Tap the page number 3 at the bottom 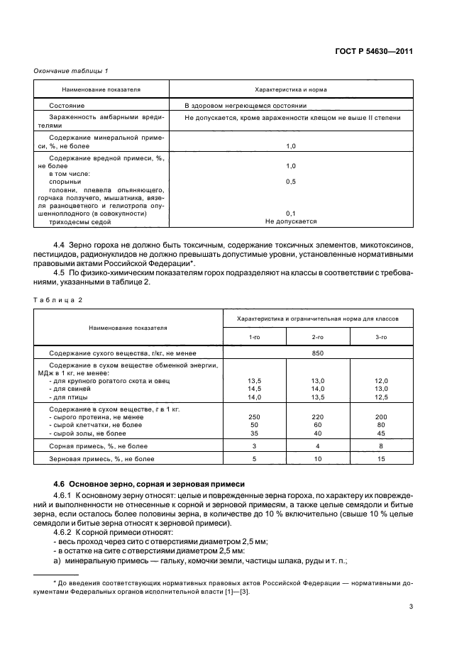pos(412,607)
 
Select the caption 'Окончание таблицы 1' pos(71,70)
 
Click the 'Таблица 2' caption pos(59,299)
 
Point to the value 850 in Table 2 pos(317,353)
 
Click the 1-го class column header pos(254,337)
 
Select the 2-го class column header pos(317,337)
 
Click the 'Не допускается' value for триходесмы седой pos(291,221)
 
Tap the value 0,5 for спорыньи pos(291,182)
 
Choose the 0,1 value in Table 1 pos(291,214)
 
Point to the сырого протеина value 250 pos(254,417)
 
